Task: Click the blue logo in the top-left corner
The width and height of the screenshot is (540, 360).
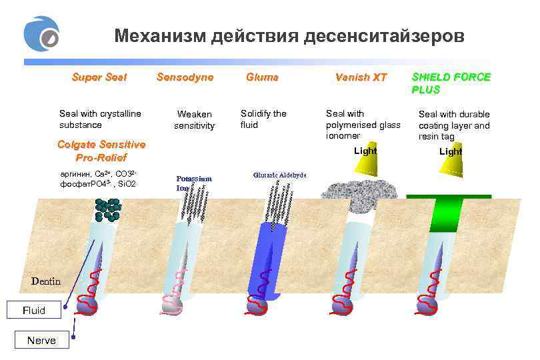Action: tap(41, 35)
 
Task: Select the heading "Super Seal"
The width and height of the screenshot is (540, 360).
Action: tap(99, 77)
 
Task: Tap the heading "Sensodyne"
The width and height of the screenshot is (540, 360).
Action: tap(185, 77)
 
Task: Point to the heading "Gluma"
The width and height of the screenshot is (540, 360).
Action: tap(262, 77)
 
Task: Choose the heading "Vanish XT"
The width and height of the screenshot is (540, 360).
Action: tap(361, 77)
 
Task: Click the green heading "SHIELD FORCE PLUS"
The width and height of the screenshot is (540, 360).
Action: tap(451, 83)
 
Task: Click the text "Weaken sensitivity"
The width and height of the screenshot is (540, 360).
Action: tap(195, 119)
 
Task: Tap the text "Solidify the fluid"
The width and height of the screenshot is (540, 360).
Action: tap(263, 119)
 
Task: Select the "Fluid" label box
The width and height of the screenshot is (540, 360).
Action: tap(34, 310)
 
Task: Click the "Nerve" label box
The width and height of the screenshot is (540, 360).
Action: tap(41, 341)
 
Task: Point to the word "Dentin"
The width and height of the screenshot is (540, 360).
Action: tap(46, 281)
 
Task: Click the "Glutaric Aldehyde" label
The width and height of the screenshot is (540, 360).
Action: tap(279, 175)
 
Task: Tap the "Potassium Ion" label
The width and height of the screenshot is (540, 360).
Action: tap(193, 183)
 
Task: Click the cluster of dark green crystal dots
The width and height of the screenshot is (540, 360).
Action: tap(107, 208)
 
